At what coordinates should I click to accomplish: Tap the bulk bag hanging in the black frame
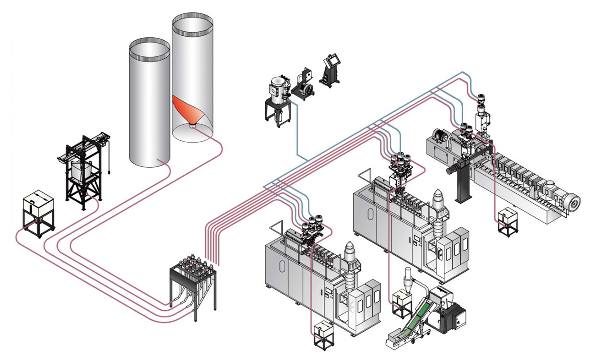[x=81, y=170]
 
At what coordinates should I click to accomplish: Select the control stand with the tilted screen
[x=332, y=71]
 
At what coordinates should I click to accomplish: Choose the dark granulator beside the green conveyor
[x=452, y=316]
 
